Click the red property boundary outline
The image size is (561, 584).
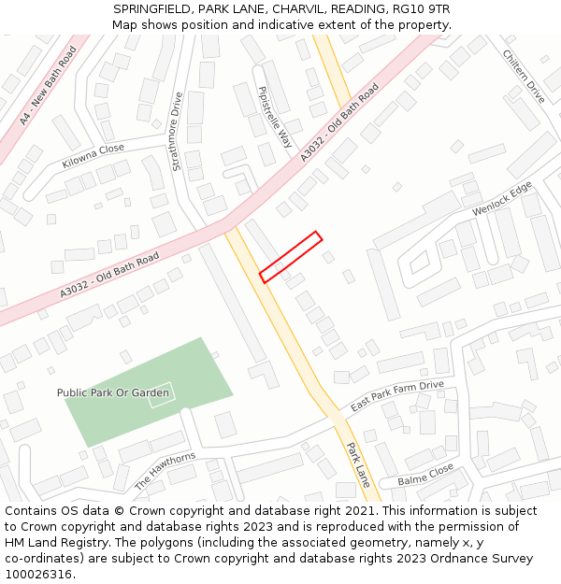[291, 257]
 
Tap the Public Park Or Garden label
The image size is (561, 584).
[113, 392]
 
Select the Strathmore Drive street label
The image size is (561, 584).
[177, 131]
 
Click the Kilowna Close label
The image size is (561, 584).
[93, 155]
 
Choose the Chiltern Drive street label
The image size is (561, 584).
[524, 77]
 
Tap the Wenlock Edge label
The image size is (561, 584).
[502, 198]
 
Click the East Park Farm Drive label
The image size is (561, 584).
[397, 397]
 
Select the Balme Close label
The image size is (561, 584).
[425, 474]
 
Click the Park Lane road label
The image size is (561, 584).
[358, 464]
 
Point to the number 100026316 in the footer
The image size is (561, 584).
[39, 574]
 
